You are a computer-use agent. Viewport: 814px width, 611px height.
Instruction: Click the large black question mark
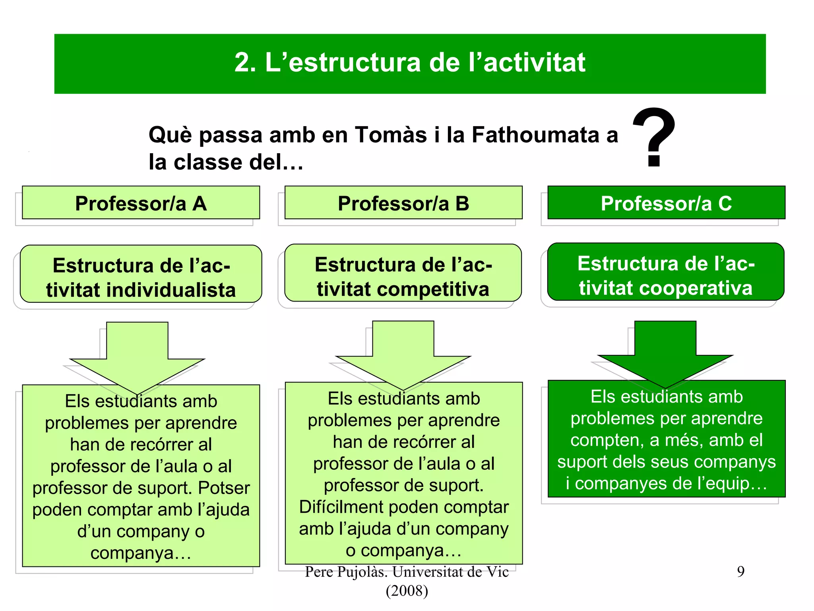tap(654, 137)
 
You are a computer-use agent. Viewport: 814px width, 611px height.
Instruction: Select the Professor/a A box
tap(141, 203)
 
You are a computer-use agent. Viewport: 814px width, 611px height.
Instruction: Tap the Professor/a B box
tap(403, 203)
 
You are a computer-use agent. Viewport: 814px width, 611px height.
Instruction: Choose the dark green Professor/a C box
tap(666, 203)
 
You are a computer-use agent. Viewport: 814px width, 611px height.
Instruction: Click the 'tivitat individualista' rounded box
tap(141, 274)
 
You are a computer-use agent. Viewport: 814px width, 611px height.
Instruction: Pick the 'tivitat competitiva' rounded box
tap(403, 273)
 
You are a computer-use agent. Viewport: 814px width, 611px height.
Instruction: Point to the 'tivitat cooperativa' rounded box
tap(666, 272)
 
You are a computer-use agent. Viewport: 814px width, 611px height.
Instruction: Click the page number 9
tap(740, 572)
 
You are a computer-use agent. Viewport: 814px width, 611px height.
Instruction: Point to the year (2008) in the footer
tap(407, 591)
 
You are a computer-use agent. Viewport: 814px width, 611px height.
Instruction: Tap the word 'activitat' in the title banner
tap(535, 63)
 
